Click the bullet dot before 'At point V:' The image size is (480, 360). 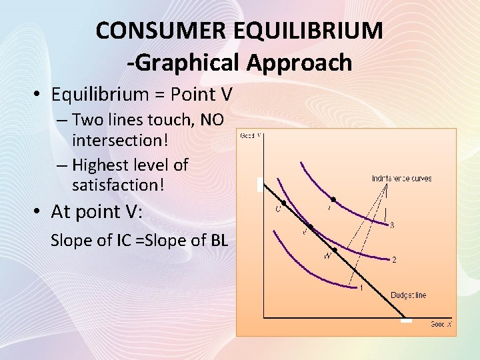tap(37, 212)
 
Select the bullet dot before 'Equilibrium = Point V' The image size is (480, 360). tap(37, 95)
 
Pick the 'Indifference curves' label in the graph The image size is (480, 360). tap(401, 178)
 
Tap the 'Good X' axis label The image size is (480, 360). tap(441, 324)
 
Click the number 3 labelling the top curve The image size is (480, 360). tap(392, 225)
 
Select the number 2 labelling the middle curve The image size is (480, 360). tap(394, 259)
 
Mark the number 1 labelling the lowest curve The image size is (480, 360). tap(361, 288)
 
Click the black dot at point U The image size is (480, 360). tap(284, 202)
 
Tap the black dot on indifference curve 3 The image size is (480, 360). tap(333, 199)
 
